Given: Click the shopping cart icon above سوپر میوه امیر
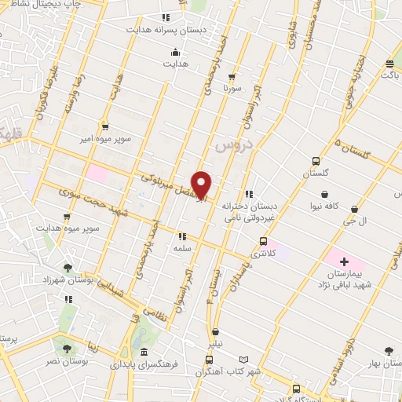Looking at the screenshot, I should coord(104,126).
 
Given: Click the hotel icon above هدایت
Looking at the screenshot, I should coord(174,53).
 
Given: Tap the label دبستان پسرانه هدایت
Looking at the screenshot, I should coord(166,29).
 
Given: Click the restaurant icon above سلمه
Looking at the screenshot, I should coord(183,236).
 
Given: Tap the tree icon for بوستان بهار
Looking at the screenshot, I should coord(389,352).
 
